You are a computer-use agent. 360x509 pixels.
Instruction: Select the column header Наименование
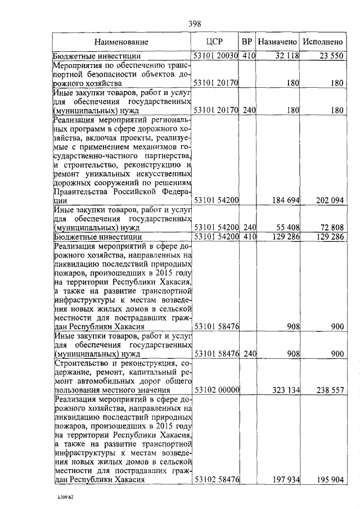click(121, 42)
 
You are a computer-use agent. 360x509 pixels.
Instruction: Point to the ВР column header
click(247, 42)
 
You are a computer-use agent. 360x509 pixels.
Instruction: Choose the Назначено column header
click(277, 42)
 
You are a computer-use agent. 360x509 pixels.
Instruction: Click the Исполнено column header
click(322, 42)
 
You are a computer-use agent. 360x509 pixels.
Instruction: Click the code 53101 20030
click(216, 56)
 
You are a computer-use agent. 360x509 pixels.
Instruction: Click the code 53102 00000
click(216, 389)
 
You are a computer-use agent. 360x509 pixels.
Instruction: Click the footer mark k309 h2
click(65, 498)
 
